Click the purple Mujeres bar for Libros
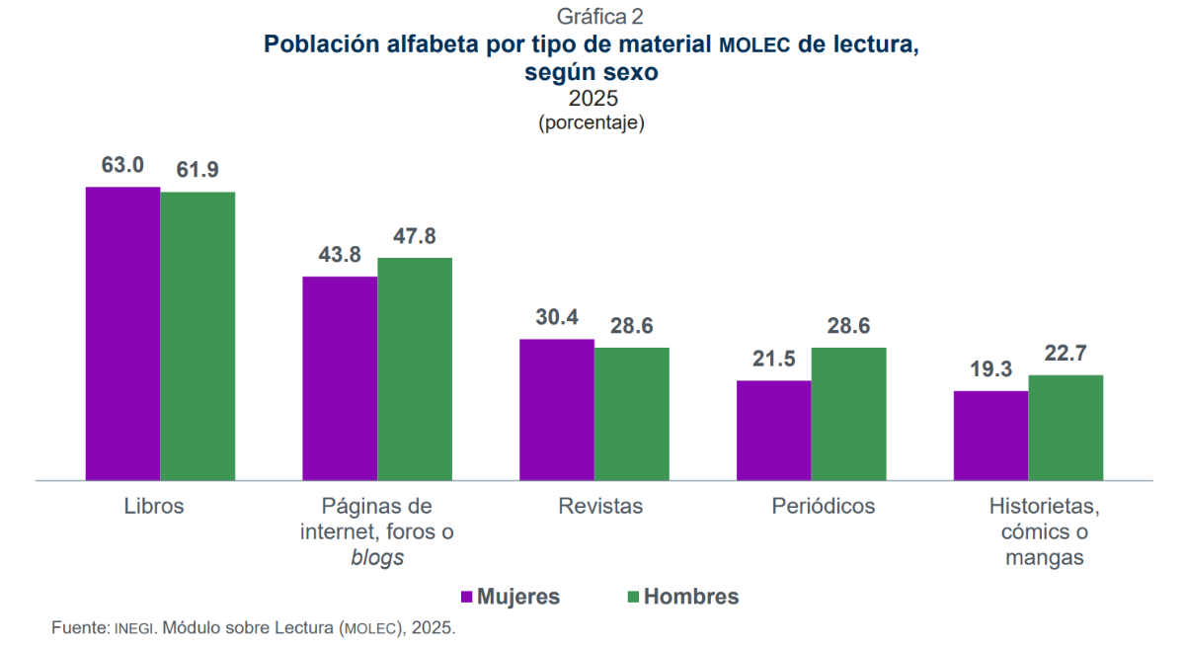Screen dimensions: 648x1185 [x=122, y=333]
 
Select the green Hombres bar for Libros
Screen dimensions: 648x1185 [x=197, y=336]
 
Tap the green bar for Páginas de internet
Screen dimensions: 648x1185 [x=415, y=368]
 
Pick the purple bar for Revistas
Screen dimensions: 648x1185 [x=557, y=409]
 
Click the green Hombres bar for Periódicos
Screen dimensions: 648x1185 [x=848, y=413]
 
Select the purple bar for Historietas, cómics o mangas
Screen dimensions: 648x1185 [x=990, y=435]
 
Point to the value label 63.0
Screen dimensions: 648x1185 [x=122, y=166]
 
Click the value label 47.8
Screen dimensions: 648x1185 [x=415, y=237]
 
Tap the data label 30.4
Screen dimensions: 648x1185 [x=557, y=318]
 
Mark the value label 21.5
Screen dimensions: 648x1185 [x=773, y=360]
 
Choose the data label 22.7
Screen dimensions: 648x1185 [x=1066, y=354]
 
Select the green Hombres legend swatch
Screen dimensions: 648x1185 [x=634, y=597]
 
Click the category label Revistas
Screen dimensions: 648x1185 [x=600, y=507]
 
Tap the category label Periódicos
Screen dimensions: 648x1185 [x=823, y=507]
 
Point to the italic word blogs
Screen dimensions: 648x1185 [x=377, y=557]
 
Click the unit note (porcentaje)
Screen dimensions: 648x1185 [x=592, y=124]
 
